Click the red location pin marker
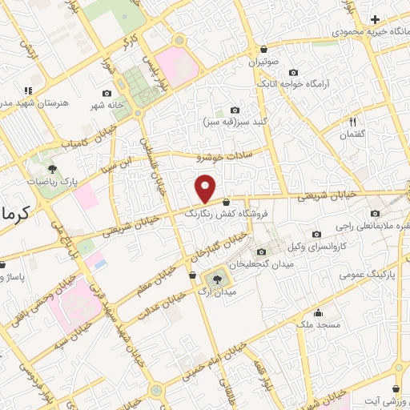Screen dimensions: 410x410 click(206, 189)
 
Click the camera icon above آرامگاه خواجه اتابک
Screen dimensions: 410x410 click(293, 72)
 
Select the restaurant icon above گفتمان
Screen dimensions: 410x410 click(352, 122)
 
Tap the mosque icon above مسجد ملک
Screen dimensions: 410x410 click(320, 312)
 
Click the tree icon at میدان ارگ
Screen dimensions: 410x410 click(217, 279)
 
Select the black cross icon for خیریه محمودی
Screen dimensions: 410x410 click(376, 18)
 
